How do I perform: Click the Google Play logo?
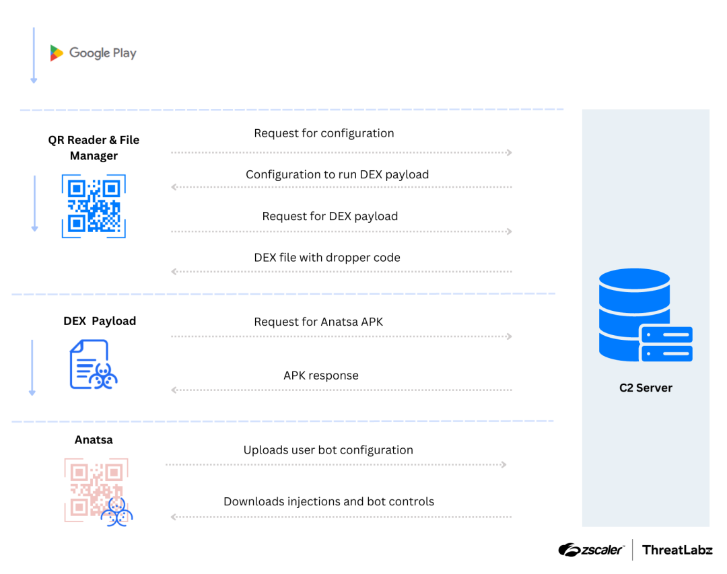coord(93,53)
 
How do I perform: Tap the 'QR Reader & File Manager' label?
coord(94,148)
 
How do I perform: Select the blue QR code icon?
coord(94,206)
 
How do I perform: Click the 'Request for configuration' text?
coord(324,133)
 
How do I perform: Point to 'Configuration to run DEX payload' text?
coord(337,174)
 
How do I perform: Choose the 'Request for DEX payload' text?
coord(330,216)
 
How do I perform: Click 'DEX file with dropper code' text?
coord(327,257)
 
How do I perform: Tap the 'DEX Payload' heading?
coord(100,321)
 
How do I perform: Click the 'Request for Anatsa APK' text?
coord(318,322)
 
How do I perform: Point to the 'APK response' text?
coord(321,375)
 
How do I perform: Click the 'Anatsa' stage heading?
coord(94,439)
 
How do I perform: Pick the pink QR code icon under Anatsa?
coord(97,491)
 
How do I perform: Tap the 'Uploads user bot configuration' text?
coord(328,450)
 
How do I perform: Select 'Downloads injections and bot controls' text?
coord(328,501)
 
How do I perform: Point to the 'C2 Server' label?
coord(646,388)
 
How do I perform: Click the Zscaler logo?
coord(590,550)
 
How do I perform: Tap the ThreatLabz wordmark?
coord(677,550)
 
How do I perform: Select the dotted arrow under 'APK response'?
coord(341,390)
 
